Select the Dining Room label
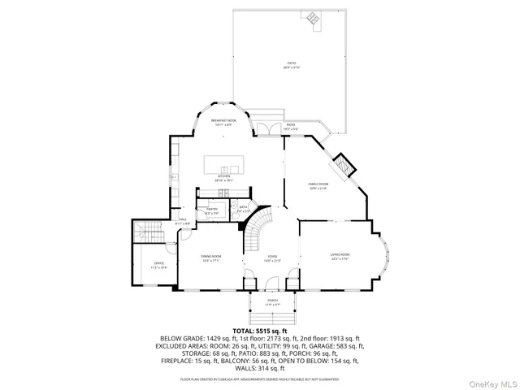tap(211, 258)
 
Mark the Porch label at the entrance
tap(273, 301)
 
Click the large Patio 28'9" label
tap(291, 65)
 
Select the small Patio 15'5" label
tap(290, 127)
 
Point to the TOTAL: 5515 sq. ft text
tap(260, 331)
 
